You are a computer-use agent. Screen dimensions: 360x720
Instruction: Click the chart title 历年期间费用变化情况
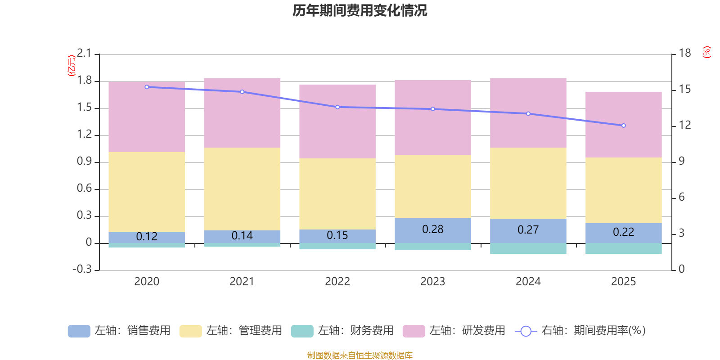click(x=360, y=10)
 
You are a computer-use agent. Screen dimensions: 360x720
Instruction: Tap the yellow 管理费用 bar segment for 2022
click(x=337, y=193)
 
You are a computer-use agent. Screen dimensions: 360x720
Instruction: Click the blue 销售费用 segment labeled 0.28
click(x=433, y=230)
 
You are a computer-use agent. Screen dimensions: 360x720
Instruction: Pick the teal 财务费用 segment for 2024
click(x=528, y=248)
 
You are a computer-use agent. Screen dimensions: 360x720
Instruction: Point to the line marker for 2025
click(x=624, y=126)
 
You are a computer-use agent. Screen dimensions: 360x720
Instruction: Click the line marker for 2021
click(x=242, y=92)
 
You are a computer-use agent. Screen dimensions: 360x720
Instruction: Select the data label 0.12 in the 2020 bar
click(x=147, y=237)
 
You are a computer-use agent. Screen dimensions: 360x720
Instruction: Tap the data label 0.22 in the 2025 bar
click(x=624, y=232)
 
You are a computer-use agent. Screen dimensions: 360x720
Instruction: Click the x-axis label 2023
click(x=433, y=282)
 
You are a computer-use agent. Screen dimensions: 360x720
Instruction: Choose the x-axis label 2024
click(x=528, y=282)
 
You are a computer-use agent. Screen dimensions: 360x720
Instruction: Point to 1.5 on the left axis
click(x=84, y=108)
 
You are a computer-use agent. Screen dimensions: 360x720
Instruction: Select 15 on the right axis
click(x=685, y=90)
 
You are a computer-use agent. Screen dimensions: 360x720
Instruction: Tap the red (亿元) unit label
click(x=72, y=66)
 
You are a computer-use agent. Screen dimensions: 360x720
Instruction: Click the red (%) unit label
click(x=707, y=52)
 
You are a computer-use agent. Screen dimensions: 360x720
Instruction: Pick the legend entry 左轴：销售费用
click(x=119, y=331)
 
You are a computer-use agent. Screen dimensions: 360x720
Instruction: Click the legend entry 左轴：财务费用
click(x=342, y=331)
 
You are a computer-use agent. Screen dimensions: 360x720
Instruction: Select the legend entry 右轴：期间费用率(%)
click(x=580, y=331)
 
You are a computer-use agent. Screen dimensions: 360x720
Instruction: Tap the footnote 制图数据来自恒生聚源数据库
click(x=360, y=355)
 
